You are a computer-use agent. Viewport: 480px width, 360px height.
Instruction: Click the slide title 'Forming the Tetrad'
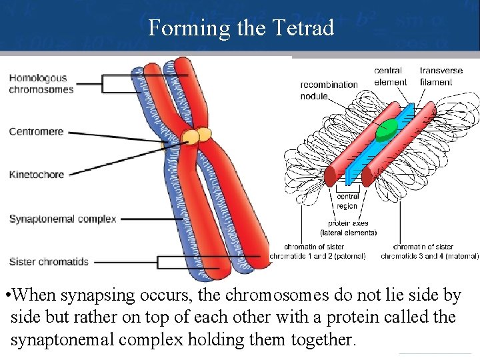click(241, 28)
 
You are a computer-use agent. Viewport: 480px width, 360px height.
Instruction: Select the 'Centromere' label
click(36, 131)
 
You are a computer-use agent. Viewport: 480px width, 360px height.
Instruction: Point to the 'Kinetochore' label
click(37, 175)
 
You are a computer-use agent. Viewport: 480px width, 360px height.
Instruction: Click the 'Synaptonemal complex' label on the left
click(63, 219)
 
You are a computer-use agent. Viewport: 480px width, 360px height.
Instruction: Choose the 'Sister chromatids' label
click(49, 261)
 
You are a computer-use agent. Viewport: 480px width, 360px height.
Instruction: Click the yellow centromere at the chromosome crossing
click(197, 137)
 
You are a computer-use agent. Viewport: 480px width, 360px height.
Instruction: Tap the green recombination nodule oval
click(386, 132)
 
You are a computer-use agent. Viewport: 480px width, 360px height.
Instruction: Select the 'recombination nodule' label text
click(329, 91)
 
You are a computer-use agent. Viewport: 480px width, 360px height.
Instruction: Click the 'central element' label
click(390, 77)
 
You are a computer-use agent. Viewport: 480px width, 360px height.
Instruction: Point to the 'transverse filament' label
click(441, 77)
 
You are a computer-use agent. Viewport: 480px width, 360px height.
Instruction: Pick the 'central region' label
click(347, 201)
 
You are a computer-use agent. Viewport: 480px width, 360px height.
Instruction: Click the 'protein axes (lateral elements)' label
click(349, 228)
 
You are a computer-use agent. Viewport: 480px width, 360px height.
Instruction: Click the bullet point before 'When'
click(6, 295)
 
